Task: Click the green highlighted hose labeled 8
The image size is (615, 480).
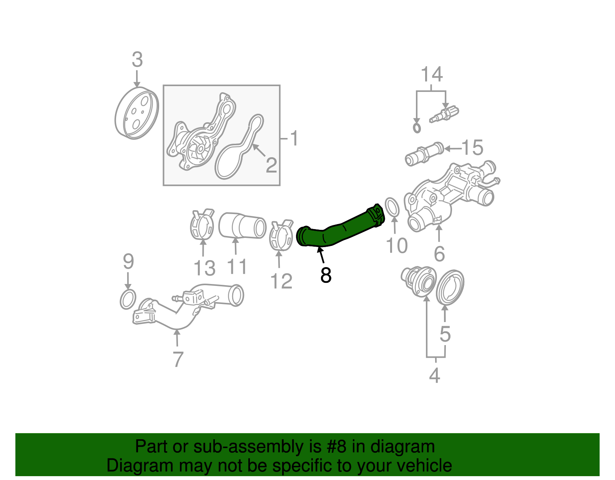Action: click(x=338, y=231)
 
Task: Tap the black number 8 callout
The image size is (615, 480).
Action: click(x=326, y=275)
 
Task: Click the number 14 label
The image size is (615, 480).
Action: click(x=432, y=74)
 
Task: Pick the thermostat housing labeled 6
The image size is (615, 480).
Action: click(x=450, y=196)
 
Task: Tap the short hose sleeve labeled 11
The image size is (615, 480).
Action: click(x=242, y=226)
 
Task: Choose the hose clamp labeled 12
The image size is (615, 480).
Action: click(x=281, y=235)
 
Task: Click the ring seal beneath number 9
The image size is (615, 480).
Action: click(x=128, y=299)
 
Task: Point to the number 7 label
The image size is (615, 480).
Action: click(x=178, y=360)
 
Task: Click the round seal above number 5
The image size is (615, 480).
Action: click(x=450, y=287)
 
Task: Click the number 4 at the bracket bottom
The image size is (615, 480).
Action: click(x=434, y=375)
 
